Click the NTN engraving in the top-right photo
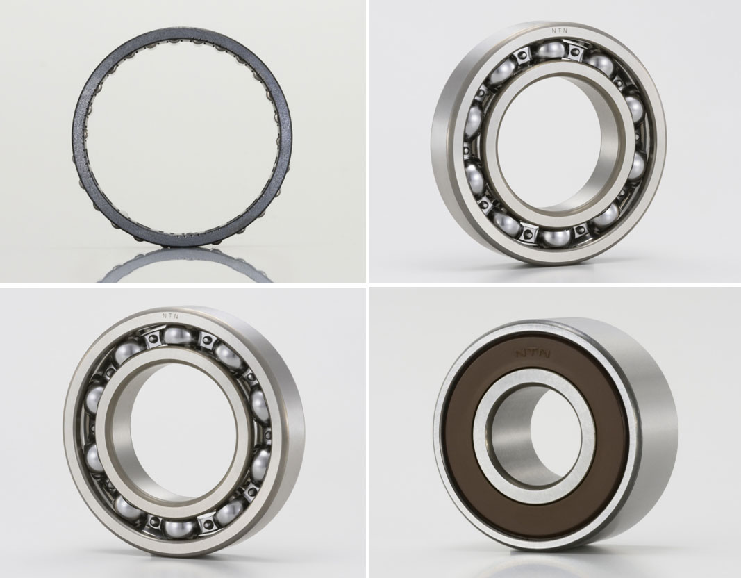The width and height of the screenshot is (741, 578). pos(560,31)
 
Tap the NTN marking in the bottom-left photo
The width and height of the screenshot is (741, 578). pos(170,315)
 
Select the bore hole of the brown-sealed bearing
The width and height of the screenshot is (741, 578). pos(534,437)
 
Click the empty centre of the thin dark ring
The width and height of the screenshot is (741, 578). pos(182,136)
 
